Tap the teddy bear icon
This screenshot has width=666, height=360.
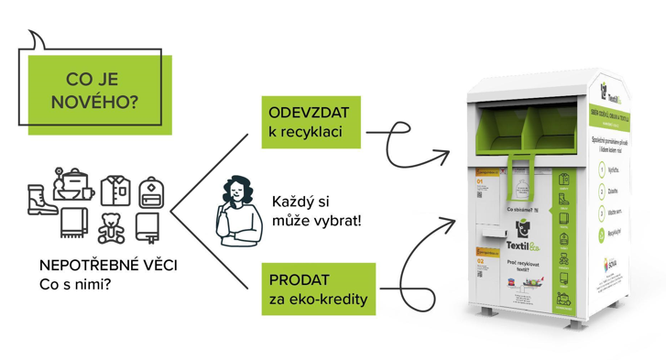click(112, 225)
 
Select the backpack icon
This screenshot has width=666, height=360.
click(151, 191)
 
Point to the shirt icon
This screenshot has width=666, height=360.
click(115, 191)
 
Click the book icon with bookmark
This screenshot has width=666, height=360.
click(148, 225)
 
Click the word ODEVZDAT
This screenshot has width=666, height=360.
click(310, 113)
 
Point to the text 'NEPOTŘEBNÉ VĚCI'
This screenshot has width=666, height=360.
click(109, 265)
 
